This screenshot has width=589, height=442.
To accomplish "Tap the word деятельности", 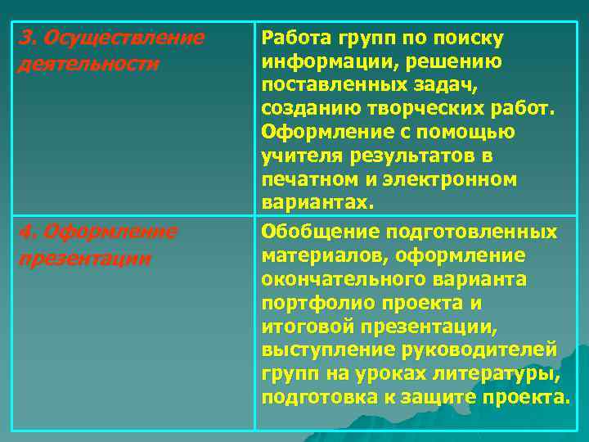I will pos(88,63).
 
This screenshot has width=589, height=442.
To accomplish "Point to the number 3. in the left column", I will pos(28,38).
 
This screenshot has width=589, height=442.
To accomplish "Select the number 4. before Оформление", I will pos(28,232).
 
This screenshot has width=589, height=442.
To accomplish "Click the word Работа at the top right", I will pos(294,38).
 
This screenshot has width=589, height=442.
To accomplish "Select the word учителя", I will pos(299,156).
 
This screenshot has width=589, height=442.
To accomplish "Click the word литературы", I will pos(510,374).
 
